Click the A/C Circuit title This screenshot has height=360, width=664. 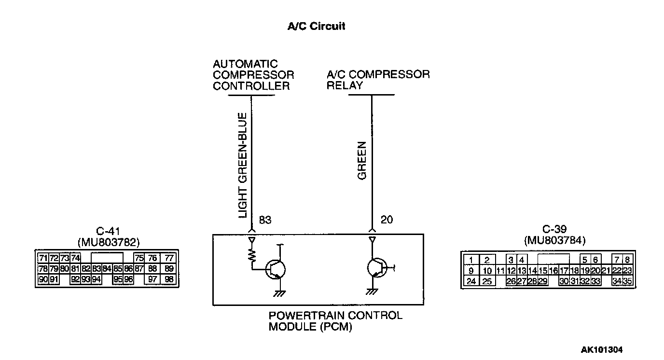coord(316,27)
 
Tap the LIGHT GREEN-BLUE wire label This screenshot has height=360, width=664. coord(243,165)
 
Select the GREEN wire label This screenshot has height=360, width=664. coord(362,161)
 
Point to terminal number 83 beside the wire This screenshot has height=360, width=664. coord(265,220)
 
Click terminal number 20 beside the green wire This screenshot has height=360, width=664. coord(387,220)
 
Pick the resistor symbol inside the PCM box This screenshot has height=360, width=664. coord(251,257)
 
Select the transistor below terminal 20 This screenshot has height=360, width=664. coord(377,267)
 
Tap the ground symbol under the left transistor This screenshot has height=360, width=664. coord(278,292)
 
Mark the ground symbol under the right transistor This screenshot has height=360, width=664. coord(372,291)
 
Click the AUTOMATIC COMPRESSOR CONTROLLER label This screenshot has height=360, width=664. coord(253,75)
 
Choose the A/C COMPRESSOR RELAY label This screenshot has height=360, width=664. coord(378,80)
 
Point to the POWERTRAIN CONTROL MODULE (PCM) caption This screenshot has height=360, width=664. coord(335,321)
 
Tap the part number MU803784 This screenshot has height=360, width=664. coord(554,239)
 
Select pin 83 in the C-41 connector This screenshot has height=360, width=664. coord(96,268)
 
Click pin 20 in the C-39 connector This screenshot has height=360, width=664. coord(595,271)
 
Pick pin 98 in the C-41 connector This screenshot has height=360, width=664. coord(168,279)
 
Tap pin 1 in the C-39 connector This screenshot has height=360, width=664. coord(471,260)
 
